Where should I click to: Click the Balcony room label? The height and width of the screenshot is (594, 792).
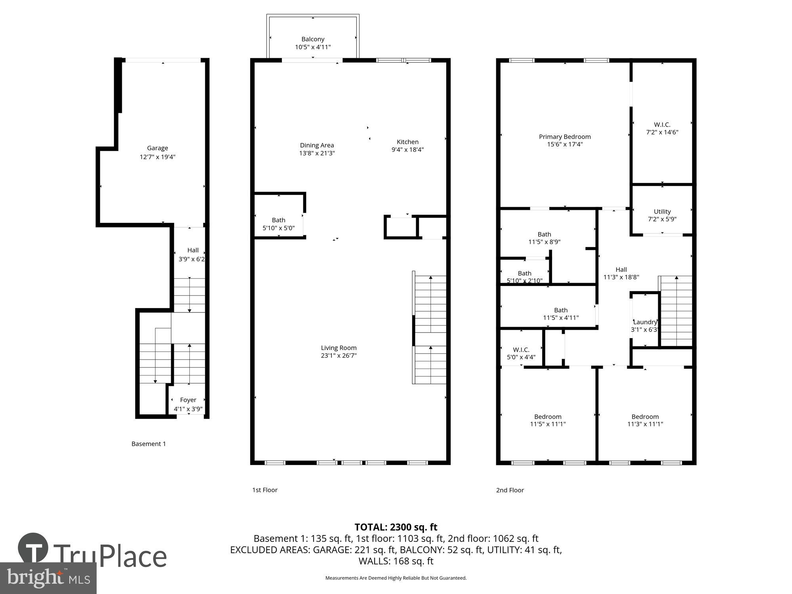[x=313, y=39]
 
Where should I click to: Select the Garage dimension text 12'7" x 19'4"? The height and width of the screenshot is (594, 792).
[x=157, y=157]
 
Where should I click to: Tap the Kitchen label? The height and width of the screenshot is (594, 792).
[x=407, y=142]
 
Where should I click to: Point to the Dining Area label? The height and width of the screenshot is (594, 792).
[x=317, y=145]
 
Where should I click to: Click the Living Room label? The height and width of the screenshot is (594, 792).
[x=339, y=348]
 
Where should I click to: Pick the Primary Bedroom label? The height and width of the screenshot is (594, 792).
[x=565, y=137]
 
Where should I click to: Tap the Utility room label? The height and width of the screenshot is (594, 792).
[x=662, y=211]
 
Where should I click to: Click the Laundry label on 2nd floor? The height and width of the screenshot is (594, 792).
[x=645, y=322]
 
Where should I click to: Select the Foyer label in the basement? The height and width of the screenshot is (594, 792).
[x=188, y=400]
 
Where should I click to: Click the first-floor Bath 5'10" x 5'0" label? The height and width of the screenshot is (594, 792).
[x=278, y=220]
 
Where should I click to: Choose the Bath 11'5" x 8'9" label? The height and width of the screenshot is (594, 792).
[x=544, y=234]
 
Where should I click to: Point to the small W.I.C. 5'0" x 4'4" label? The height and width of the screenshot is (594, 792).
[x=521, y=350]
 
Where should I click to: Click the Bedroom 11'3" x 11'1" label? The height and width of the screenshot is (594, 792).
[x=645, y=417]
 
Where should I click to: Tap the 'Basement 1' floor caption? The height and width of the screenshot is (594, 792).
[x=148, y=444]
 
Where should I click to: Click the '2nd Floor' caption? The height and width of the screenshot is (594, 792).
[x=510, y=490]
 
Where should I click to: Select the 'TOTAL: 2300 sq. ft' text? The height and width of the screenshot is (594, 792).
[x=396, y=527]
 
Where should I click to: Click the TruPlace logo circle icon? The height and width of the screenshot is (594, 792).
[x=33, y=548]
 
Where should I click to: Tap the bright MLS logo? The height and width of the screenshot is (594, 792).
[x=48, y=578]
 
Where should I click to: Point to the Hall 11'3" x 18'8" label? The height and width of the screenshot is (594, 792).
[x=621, y=270]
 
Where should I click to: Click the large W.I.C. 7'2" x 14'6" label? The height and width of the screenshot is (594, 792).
[x=662, y=125]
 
